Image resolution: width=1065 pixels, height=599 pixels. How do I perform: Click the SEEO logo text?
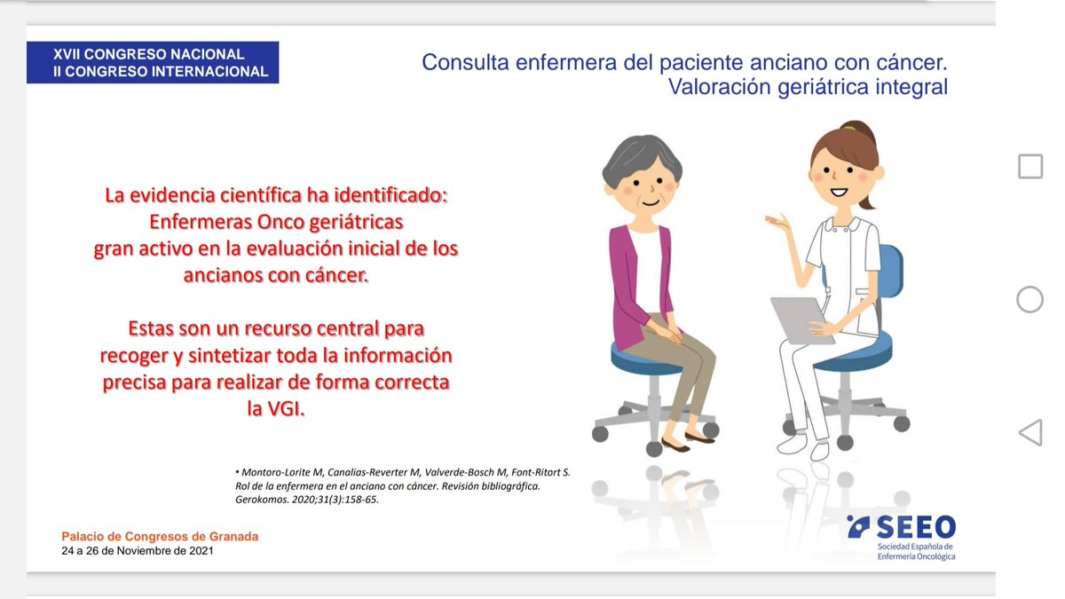(915, 526)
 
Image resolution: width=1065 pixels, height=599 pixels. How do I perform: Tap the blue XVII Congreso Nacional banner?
(153, 63)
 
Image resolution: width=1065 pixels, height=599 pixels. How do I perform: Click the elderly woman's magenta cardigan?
(628, 284)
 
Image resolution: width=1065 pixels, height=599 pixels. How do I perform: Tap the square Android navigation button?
(1029, 166)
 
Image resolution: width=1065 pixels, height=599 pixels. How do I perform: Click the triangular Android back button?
(1029, 432)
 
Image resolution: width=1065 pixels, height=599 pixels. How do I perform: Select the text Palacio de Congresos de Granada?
(160, 537)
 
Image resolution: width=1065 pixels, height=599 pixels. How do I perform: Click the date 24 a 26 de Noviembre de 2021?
(138, 551)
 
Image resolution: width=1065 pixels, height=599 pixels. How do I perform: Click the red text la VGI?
(275, 409)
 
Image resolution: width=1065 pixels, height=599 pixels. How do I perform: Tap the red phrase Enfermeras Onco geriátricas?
(275, 222)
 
